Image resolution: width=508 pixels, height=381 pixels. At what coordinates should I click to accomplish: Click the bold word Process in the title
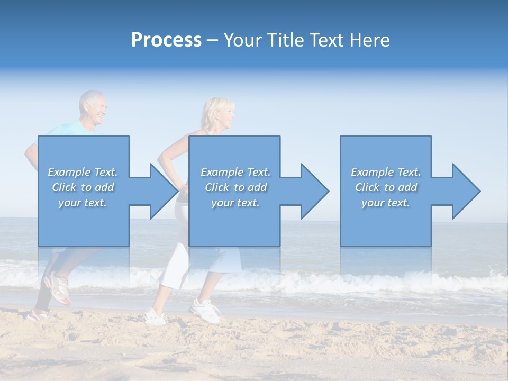click(x=166, y=40)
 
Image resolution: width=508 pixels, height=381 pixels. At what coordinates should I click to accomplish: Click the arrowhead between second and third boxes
click(x=314, y=191)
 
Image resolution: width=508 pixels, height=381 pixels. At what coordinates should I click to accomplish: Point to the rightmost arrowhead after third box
click(x=466, y=191)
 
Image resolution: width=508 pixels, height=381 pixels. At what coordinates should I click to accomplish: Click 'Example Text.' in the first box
click(x=83, y=172)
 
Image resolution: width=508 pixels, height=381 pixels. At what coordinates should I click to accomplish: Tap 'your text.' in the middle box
click(x=235, y=203)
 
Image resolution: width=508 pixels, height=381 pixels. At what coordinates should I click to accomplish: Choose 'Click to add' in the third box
click(x=386, y=187)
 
